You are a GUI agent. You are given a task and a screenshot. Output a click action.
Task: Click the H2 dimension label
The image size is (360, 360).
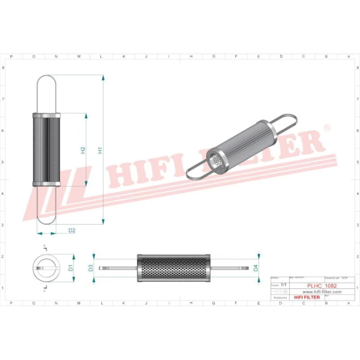click(83, 150)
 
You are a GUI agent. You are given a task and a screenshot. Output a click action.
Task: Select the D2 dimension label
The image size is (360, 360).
click(72, 230)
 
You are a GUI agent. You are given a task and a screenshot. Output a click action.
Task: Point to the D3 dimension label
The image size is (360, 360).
click(91, 268)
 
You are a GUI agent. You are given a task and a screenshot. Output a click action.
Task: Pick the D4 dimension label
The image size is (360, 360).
click(255, 268)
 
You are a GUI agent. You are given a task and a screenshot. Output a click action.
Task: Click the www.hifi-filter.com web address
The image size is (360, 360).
click(321, 292)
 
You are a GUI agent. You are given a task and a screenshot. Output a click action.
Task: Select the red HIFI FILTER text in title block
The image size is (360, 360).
click(306, 298)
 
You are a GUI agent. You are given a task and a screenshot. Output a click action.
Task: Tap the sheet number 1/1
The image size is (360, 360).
click(283, 285)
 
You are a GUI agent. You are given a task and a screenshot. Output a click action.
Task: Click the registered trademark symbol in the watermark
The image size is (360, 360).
click(327, 128)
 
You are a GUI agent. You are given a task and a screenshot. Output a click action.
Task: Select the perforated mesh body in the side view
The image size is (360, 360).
click(173, 268)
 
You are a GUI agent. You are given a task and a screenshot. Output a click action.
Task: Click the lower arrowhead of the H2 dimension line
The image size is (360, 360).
click(86, 183)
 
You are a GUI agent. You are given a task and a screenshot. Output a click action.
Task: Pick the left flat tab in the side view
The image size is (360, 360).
click(118, 268)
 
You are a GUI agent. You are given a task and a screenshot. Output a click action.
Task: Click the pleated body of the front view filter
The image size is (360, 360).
click(47, 150)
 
